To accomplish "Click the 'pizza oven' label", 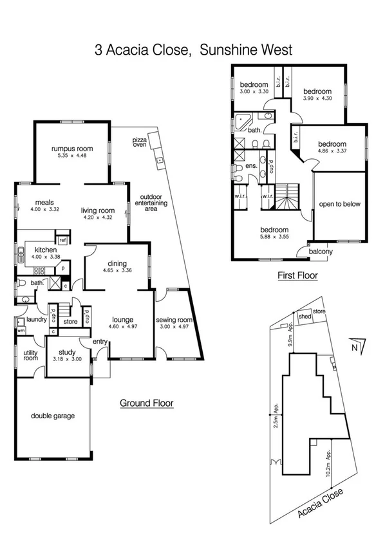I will [x=140, y=142].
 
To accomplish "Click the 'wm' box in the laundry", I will [x=20, y=331].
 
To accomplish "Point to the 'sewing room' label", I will [x=174, y=320].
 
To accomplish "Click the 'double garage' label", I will [x=53, y=416].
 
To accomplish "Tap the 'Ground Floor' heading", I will [x=146, y=403].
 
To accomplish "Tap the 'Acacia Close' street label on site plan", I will [x=321, y=504].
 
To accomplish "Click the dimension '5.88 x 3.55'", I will [x=273, y=237].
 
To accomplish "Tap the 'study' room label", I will [x=67, y=352].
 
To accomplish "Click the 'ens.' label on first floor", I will [x=252, y=165].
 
